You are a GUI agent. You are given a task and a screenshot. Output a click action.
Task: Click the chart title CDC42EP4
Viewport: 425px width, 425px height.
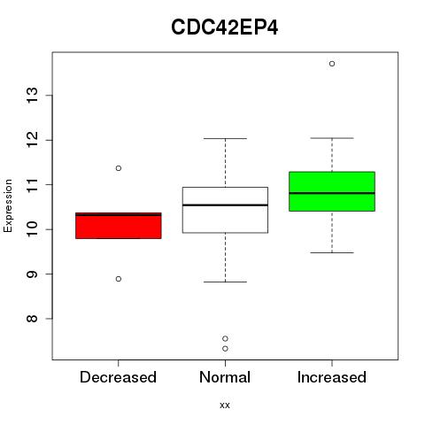coord(224,27)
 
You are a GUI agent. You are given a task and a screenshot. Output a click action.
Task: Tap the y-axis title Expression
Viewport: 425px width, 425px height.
coord(8,206)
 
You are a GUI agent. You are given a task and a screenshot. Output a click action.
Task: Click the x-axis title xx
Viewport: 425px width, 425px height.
coord(225,405)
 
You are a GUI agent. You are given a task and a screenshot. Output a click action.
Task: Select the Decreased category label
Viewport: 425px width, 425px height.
coord(118,377)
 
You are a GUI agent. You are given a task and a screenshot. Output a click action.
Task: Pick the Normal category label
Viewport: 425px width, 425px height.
coord(225,377)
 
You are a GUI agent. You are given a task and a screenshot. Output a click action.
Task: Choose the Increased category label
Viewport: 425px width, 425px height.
coord(332,377)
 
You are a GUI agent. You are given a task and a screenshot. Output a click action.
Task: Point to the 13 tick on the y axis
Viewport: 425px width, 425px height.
coord(33,96)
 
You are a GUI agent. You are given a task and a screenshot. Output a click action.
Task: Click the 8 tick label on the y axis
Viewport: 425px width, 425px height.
coord(33,319)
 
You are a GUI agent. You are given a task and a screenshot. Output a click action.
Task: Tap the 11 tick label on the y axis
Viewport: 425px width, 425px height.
coord(33,185)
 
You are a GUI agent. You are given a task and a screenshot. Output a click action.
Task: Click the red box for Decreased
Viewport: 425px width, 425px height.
coord(119,226)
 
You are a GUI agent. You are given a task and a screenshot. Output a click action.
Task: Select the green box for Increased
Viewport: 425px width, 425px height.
coord(332,191)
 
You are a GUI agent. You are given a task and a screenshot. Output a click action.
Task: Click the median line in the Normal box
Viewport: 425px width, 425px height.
coord(225,205)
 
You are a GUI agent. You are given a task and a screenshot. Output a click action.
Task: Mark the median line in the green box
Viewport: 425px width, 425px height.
coord(332,193)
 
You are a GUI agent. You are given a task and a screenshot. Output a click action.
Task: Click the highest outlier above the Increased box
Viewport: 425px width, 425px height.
coord(332,64)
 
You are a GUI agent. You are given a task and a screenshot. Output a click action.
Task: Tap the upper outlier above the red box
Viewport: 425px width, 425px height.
coord(119,168)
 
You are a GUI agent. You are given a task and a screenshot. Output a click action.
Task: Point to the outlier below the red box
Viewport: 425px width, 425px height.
coord(119,279)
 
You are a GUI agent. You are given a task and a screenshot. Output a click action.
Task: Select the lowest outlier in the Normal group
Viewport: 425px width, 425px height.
coord(225,349)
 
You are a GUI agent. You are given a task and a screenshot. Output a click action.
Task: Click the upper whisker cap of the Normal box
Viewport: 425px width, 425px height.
coord(225,138)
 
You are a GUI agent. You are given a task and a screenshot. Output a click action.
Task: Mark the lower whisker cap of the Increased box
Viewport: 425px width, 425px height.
coord(332,252)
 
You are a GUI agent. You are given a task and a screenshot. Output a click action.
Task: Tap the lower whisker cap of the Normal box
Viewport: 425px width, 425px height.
coord(225,282)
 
